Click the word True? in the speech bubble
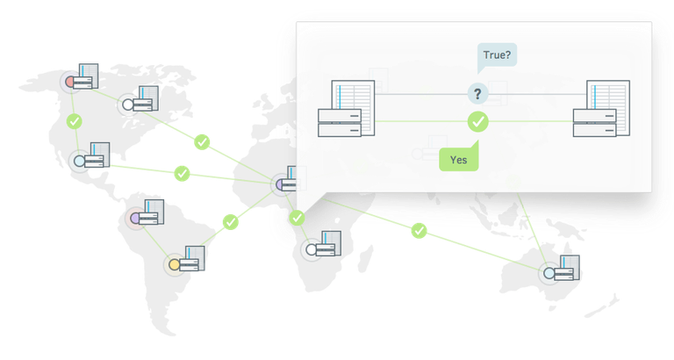click(497, 55)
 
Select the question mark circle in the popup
click(477, 94)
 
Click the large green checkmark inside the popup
click(478, 122)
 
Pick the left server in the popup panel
click(346, 108)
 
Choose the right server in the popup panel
click(601, 108)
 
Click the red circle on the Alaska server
click(70, 81)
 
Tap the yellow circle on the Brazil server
click(174, 264)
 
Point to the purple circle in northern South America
click(136, 218)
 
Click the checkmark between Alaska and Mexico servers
click(75, 121)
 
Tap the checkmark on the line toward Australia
click(419, 231)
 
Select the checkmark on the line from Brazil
click(231, 222)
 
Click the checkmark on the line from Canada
click(202, 142)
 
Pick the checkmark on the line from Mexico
click(182, 173)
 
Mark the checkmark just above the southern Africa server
click(297, 218)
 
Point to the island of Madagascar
click(366, 257)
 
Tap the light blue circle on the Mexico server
click(80, 161)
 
